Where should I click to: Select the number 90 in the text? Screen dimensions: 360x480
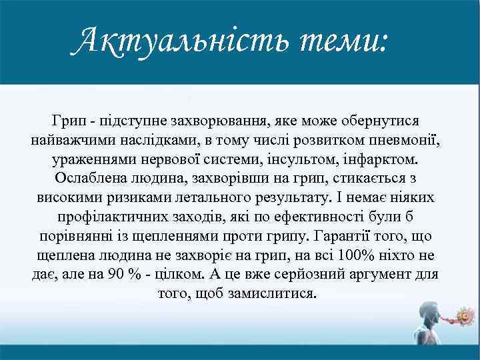click(x=115, y=275)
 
